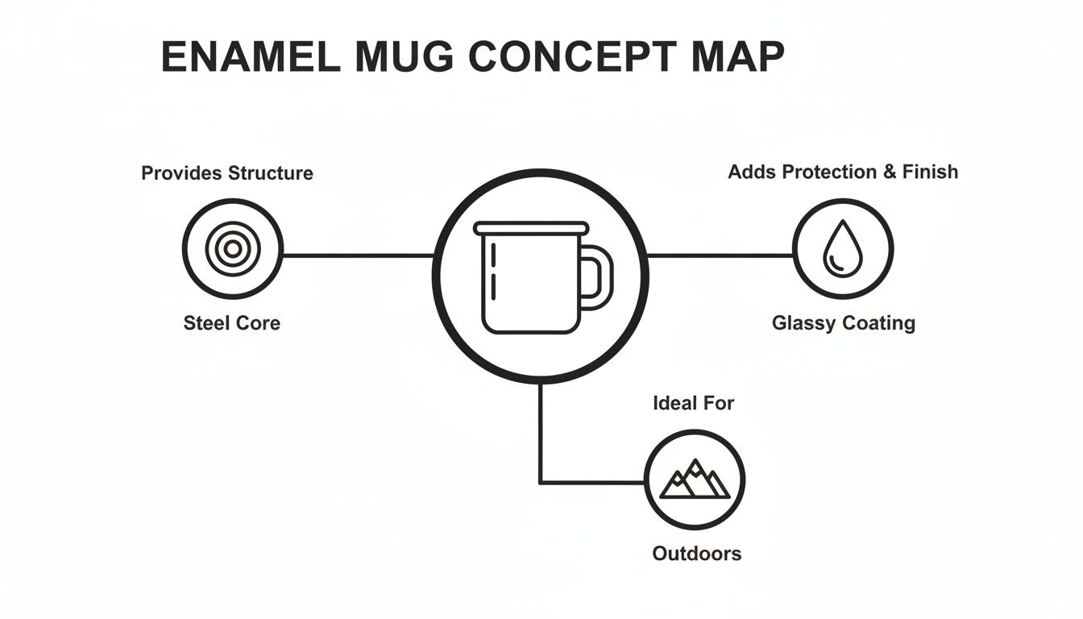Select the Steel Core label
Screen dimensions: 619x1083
coord(232,323)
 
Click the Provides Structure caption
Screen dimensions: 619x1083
coord(227,173)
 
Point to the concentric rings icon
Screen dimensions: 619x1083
coord(232,249)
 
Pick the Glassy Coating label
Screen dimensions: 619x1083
coord(843,323)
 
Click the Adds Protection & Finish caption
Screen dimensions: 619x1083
coord(843,172)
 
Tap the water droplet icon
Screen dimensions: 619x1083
coord(842,248)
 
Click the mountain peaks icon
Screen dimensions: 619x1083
coord(695,480)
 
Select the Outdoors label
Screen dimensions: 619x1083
coord(696,554)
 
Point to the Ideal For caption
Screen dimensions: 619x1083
coord(694,403)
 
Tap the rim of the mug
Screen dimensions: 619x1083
coord(531,228)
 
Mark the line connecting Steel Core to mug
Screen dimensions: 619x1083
coord(358,255)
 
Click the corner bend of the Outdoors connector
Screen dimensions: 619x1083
coord(540,482)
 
